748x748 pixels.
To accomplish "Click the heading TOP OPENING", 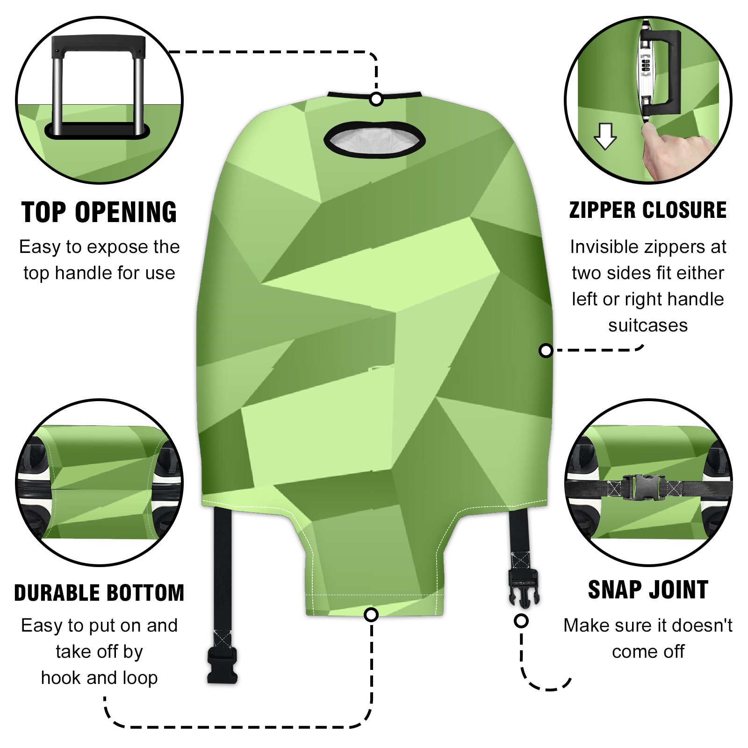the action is tap(99, 212).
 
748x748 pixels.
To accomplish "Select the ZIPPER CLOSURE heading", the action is tap(648, 210).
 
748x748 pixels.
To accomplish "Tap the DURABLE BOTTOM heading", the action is tap(99, 593).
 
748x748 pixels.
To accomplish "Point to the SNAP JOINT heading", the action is tap(648, 590).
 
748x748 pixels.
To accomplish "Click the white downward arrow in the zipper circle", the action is tap(605, 136).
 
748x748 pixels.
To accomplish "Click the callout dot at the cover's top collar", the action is tap(376, 99).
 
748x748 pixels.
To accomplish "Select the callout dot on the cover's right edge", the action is tap(546, 351).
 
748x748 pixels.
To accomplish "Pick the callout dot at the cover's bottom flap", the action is tap(371, 614).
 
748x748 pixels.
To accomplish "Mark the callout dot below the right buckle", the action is tap(521, 621).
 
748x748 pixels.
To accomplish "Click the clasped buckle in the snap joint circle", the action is tap(644, 487).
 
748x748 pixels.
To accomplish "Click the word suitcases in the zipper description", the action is tap(648, 325).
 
